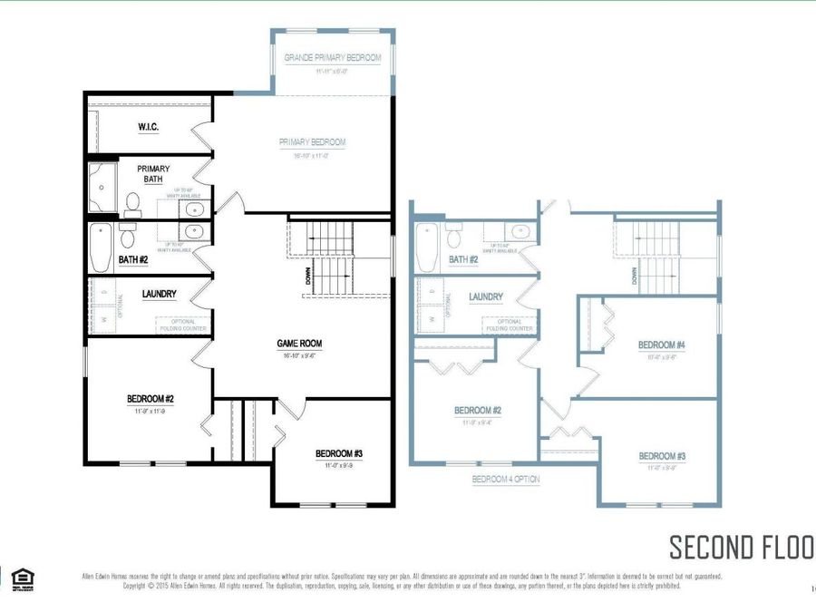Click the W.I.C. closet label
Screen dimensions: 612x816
[148, 127]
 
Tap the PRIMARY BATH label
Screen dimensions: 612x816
[153, 174]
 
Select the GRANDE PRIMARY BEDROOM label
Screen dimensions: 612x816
[332, 58]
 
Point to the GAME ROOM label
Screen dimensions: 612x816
[299, 344]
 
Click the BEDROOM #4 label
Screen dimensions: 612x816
[661, 345]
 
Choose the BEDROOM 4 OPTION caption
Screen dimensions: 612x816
[505, 479]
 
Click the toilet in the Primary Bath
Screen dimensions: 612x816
[132, 201]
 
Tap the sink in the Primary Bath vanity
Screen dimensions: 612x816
[193, 209]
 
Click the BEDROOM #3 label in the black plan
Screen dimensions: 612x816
[340, 453]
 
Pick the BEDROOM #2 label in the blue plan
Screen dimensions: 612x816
[478, 411]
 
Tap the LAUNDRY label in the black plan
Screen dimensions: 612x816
[159, 294]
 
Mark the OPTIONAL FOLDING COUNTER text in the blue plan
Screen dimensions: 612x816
[509, 325]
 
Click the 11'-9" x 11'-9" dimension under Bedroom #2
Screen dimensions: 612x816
[151, 411]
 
